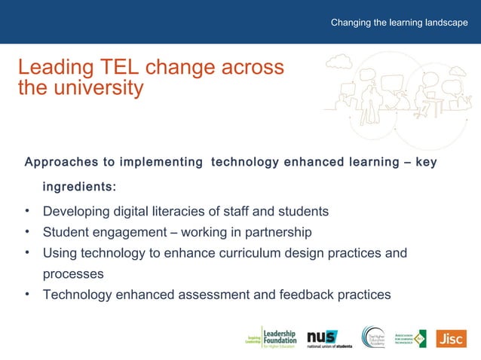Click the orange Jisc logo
click(451, 338)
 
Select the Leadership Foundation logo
click(272, 338)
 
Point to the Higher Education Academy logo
click(377, 338)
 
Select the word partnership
click(274, 232)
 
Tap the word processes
click(73, 274)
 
